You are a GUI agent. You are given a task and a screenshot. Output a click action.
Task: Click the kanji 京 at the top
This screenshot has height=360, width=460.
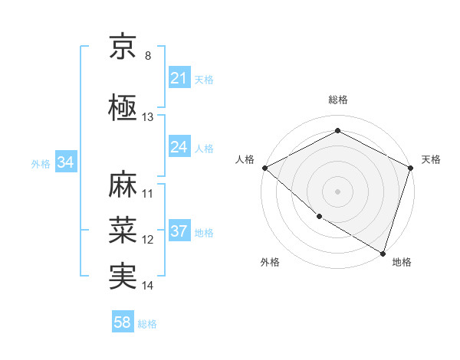click(x=123, y=47)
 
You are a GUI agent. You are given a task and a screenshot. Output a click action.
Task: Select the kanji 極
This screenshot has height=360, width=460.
click(x=123, y=106)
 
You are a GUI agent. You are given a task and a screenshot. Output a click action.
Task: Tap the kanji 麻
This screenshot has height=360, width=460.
click(x=123, y=186)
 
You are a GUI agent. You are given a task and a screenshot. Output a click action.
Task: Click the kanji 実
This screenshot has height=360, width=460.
click(x=123, y=276)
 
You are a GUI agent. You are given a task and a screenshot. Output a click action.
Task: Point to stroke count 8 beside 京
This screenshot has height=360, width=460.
click(x=148, y=56)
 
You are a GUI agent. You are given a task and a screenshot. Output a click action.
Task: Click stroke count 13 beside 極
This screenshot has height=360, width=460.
click(x=148, y=117)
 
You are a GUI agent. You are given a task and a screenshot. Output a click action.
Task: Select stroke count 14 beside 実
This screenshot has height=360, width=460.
click(x=148, y=286)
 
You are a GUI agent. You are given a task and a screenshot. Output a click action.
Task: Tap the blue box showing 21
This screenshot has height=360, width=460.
click(x=179, y=78)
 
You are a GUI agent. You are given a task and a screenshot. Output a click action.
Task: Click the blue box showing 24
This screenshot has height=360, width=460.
click(x=179, y=147)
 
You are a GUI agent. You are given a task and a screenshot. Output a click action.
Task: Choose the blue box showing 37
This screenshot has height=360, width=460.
click(x=179, y=231)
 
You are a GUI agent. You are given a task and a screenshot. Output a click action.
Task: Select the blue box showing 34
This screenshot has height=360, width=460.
click(x=66, y=162)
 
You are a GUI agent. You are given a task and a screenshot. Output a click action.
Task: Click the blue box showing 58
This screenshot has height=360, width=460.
click(x=123, y=322)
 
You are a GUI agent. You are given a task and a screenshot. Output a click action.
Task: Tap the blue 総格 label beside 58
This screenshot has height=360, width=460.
click(x=147, y=324)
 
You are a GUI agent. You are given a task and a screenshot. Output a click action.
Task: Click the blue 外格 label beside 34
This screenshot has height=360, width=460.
click(x=41, y=163)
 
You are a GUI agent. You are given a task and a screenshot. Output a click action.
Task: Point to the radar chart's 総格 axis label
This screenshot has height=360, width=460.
click(x=337, y=100)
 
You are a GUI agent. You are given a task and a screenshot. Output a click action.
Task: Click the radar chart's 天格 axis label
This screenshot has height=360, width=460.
click(x=431, y=159)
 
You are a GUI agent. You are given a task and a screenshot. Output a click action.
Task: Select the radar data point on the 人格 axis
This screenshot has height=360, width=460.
click(x=264, y=168)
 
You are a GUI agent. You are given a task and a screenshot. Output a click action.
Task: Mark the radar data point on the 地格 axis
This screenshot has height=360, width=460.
click(x=383, y=253)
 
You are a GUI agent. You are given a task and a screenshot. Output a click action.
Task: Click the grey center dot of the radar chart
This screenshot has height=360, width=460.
click(x=337, y=191)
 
